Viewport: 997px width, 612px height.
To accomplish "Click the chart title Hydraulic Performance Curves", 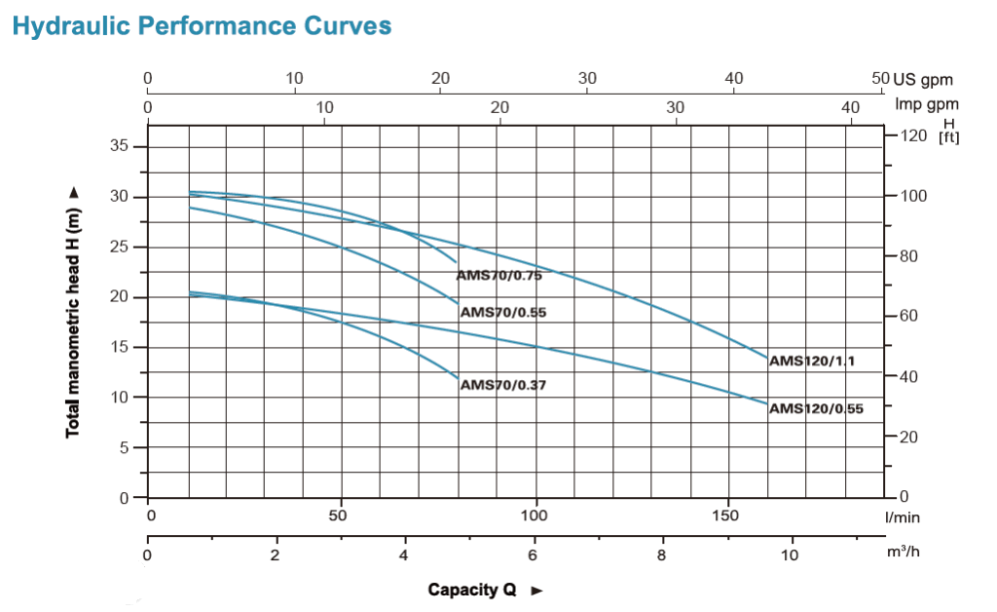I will (x=202, y=25).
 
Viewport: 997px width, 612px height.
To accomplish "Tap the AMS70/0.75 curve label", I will (x=498, y=276).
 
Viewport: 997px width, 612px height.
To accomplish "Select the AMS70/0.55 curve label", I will (x=502, y=313).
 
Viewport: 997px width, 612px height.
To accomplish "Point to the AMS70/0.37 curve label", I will (x=502, y=385).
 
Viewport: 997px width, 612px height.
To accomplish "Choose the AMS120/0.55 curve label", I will (x=816, y=408).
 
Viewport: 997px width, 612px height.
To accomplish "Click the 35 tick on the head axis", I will (x=118, y=146).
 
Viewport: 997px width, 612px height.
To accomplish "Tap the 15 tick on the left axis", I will (x=118, y=347).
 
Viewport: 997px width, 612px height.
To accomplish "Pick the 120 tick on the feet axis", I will (x=912, y=135).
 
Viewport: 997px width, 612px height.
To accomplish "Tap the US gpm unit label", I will (x=923, y=80).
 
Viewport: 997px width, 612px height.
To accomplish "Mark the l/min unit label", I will (x=903, y=517).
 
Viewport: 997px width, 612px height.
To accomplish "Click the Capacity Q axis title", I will (x=472, y=590).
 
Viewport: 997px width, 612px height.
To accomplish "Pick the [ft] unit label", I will (x=948, y=136).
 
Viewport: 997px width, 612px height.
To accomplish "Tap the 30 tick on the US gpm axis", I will (x=587, y=79).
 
